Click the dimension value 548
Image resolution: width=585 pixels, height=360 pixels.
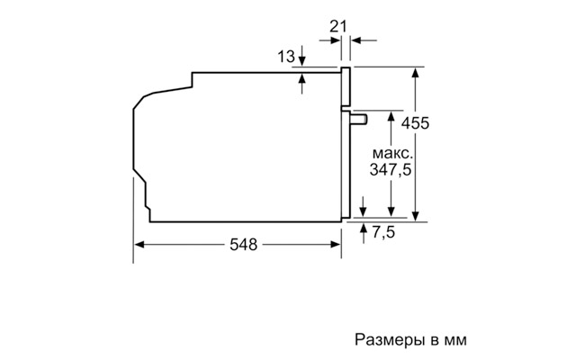coord(243,245)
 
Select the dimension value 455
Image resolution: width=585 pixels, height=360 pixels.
coord(415,123)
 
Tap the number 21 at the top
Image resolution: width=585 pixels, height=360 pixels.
coord(338,27)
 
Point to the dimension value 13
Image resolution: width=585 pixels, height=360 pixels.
coord(286,57)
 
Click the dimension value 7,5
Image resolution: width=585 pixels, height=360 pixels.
coord(383,232)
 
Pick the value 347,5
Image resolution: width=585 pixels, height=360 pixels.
coord(391,170)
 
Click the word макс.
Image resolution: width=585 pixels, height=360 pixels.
coord(392,153)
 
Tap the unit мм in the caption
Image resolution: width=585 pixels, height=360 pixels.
coord(455,341)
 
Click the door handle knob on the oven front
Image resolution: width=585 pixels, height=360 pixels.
coord(358,119)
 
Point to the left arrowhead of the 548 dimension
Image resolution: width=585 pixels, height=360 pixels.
coord(139,245)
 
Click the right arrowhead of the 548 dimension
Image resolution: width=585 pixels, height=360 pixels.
coord(336,245)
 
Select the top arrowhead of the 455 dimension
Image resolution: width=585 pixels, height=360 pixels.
coord(416,73)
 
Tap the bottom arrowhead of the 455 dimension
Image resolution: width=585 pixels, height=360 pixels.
coord(416,216)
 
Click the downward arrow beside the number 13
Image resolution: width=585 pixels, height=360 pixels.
coord(302,56)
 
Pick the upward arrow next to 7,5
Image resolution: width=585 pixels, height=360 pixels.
coord(364,233)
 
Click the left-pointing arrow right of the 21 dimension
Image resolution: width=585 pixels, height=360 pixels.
coord(364,40)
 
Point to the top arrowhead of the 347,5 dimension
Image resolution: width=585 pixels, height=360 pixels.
coord(391,117)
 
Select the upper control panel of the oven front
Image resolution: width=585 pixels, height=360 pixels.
coord(346,86)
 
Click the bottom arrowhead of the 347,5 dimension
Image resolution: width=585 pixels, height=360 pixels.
coord(391,211)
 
